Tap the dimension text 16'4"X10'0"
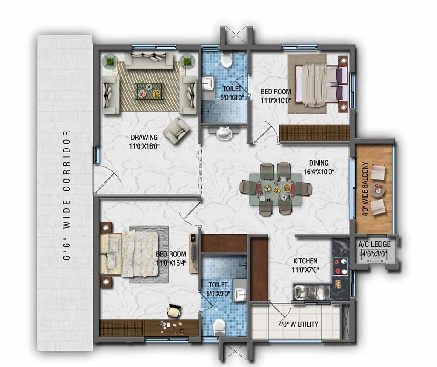click(319, 172)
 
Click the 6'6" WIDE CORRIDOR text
click(67, 194)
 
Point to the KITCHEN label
click(305, 261)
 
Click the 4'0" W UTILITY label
click(298, 324)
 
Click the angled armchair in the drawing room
click(177, 130)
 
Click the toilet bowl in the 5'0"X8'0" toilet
click(226, 60)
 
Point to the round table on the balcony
click(377, 190)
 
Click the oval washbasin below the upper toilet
click(225, 133)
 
